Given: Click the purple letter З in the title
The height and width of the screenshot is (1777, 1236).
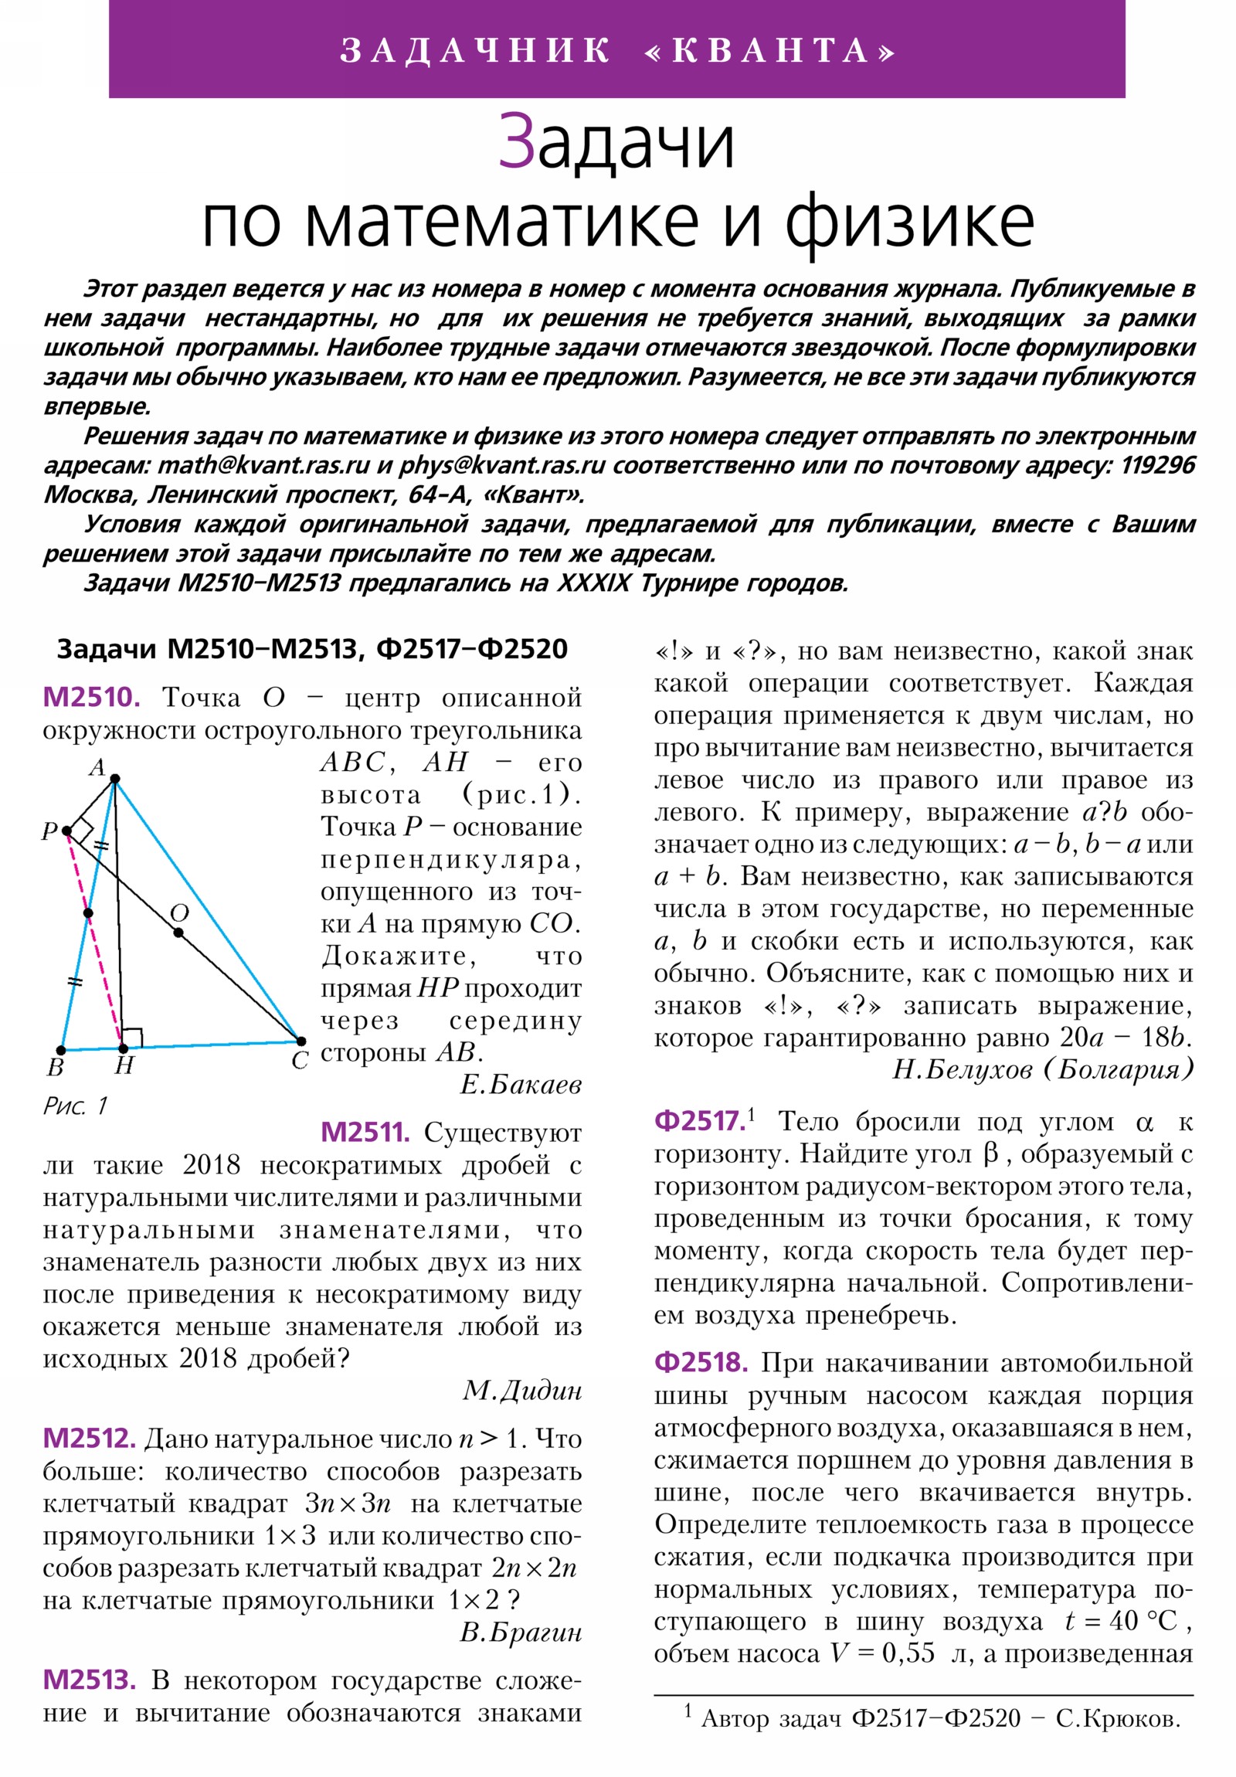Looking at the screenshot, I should tap(516, 141).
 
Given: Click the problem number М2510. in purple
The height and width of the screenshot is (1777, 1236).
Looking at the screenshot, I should tap(91, 698).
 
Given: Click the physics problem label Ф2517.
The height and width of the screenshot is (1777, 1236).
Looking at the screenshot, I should tap(700, 1122).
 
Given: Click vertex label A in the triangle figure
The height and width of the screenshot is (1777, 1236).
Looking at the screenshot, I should tap(97, 767).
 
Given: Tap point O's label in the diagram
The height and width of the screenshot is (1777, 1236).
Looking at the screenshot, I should tap(179, 913).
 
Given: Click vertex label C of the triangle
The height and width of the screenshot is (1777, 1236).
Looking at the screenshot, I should tap(301, 1060).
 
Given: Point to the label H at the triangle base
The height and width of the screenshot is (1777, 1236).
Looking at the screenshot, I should tap(124, 1066).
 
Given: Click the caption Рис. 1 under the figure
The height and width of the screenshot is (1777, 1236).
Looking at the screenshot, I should tap(74, 1106).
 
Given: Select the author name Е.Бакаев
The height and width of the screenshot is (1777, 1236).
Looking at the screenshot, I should tap(520, 1085).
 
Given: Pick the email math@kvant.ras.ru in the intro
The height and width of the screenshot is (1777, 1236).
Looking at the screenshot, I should tap(263, 466).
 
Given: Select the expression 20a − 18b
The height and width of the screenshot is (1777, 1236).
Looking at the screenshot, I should tap(1126, 1037).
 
